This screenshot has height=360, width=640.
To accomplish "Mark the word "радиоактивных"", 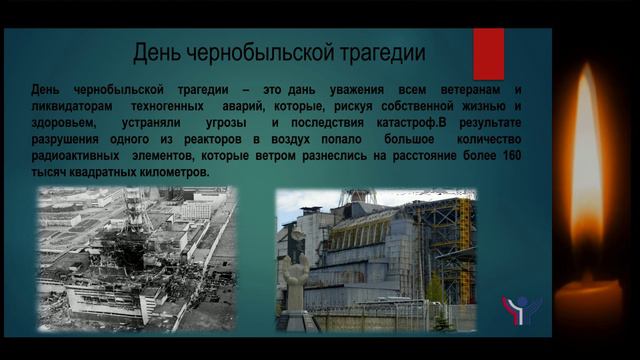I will (x=81, y=156).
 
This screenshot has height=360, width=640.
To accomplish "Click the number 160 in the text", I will (x=510, y=156).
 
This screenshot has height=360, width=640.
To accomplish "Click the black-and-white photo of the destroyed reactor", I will (x=137, y=258).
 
